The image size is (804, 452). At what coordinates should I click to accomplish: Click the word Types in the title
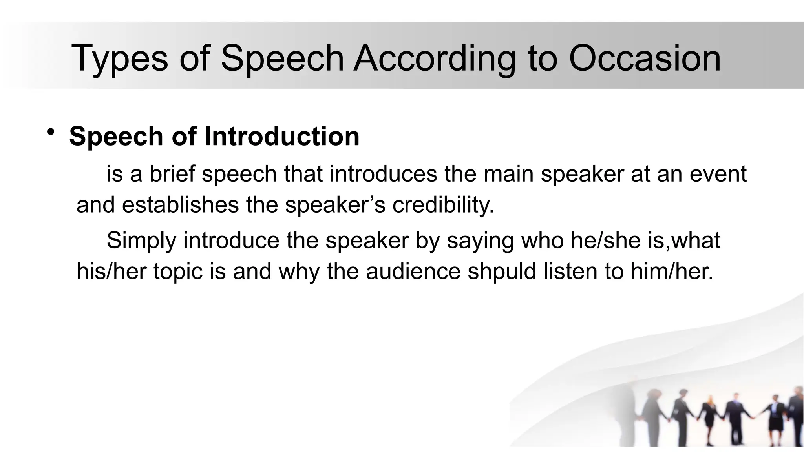pos(119,58)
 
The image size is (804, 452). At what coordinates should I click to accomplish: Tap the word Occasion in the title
pos(644,58)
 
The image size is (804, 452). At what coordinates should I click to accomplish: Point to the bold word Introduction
pos(281,136)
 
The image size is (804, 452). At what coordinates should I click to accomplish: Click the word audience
pos(413,271)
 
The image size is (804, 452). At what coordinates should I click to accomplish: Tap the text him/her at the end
pos(671,271)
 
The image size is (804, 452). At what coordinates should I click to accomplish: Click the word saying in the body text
pos(480,241)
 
